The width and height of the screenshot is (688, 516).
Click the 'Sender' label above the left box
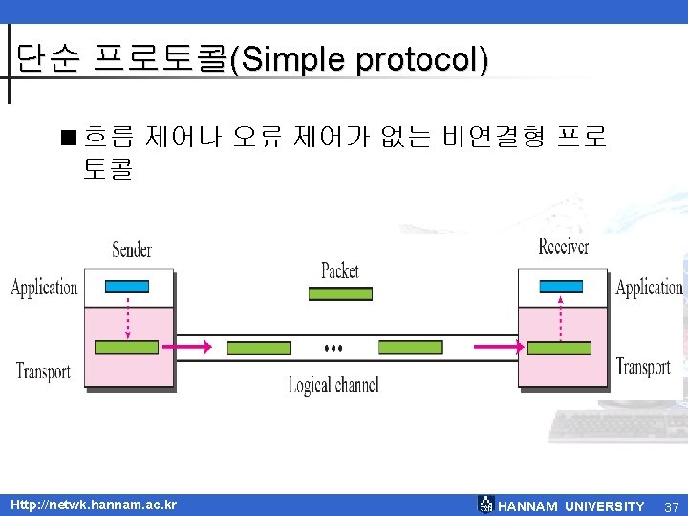pos(132,249)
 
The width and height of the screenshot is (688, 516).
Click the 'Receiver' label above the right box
pos(564,247)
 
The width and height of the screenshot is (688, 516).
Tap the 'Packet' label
pos(340,270)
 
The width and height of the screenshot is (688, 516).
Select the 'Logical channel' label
pos(333,385)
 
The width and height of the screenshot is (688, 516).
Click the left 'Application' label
pos(44,287)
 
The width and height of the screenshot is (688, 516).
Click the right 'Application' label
pos(649,287)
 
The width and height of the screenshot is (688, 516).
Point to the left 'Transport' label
pos(43,371)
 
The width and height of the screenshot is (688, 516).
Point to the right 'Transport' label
pos(643,366)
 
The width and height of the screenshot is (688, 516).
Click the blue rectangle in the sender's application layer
pos(127,286)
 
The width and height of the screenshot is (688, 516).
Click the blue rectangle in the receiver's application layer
pos(561,286)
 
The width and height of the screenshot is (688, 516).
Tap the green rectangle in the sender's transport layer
pos(127,347)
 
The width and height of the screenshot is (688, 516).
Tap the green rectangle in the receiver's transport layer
pos(559,347)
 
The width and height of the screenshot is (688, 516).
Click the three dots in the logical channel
pos(333,346)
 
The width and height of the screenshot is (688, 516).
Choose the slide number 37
pos(671,505)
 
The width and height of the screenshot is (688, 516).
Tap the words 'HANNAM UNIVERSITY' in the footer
pos(571,506)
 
